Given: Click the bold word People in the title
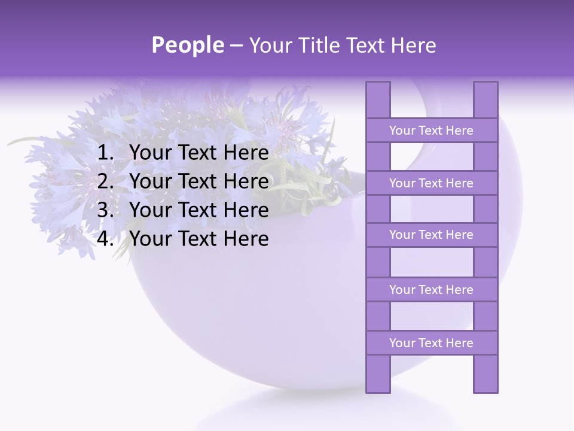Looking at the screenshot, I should pos(187,45).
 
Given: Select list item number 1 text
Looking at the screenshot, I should pos(199,153).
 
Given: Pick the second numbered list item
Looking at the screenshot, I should pos(199,181).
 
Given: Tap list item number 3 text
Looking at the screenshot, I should pos(199,210).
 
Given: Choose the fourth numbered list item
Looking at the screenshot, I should pos(199,239).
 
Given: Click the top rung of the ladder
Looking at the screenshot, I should pos(431,130).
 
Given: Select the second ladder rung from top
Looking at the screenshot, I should pos(431,183).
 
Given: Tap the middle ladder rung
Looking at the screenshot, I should pos(431,235).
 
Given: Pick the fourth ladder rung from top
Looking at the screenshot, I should pos(431,290).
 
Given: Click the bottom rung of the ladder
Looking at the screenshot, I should pos(431,343).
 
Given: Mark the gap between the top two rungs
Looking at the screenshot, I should pos(431,157).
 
